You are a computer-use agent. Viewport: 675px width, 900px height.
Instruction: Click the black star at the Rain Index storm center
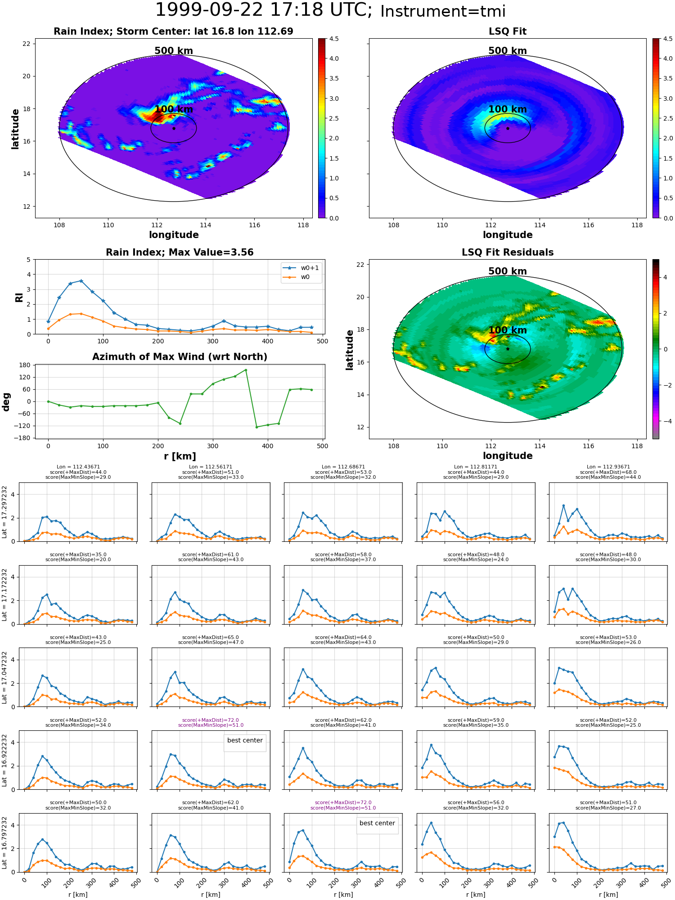(x=174, y=128)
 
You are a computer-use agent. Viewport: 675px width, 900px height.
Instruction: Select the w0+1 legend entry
(x=301, y=268)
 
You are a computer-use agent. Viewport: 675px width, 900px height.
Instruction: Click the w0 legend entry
(x=297, y=277)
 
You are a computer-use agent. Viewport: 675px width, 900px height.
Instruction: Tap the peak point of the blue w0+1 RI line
(x=81, y=281)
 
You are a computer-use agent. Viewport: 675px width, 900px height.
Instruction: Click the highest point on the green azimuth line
(x=246, y=370)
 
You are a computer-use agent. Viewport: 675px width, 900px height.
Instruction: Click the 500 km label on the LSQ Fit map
(x=508, y=51)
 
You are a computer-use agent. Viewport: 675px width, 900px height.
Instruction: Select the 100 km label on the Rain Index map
(x=174, y=109)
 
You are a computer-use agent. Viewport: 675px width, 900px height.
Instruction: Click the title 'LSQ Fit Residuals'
(x=508, y=252)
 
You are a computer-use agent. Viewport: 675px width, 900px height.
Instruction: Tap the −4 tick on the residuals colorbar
(x=665, y=421)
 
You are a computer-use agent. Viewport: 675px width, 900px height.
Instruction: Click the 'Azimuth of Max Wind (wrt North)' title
(x=180, y=357)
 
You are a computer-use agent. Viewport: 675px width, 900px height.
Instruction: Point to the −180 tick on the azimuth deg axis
(x=22, y=438)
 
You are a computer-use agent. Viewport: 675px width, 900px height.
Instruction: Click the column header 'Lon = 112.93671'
(x=608, y=467)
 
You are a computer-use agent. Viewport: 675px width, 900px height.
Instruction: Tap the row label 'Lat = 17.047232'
(x=5, y=677)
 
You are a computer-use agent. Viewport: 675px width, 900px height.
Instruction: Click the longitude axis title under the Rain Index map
(x=174, y=235)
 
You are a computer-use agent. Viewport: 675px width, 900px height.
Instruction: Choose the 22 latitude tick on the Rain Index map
(x=27, y=44)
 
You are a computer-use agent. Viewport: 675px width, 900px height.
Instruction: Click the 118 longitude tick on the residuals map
(x=637, y=446)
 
